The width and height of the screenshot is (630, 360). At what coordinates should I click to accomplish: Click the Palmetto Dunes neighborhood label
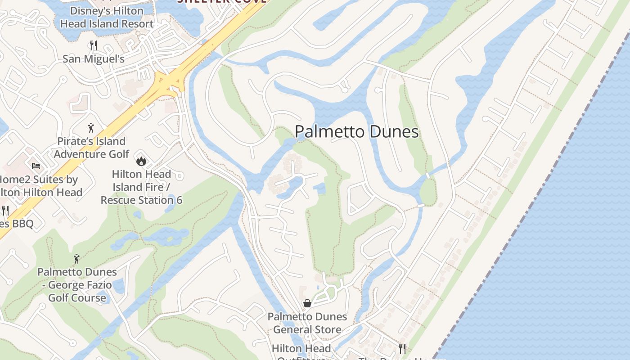[x=357, y=132]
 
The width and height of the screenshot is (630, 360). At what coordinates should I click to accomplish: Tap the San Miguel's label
[x=94, y=59]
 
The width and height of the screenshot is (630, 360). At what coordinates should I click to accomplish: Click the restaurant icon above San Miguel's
[x=94, y=45]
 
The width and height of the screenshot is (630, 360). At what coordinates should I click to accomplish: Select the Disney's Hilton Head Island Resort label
[x=107, y=17]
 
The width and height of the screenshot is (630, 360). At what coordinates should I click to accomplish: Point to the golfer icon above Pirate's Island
[x=91, y=128]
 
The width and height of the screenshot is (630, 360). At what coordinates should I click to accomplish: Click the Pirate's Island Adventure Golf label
[x=91, y=148]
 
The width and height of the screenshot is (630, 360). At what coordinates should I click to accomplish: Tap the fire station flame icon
[x=141, y=161]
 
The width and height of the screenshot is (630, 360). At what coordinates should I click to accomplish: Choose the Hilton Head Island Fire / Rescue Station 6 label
[x=141, y=187]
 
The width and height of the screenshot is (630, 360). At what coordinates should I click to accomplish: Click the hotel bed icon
[x=36, y=166]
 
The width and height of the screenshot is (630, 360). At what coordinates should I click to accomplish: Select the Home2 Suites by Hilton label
[x=40, y=186]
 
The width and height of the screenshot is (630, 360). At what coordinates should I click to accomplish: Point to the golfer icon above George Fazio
[x=76, y=259]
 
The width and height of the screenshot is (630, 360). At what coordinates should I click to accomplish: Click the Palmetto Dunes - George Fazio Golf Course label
[x=77, y=285]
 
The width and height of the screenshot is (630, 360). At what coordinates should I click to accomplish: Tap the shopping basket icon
[x=307, y=303]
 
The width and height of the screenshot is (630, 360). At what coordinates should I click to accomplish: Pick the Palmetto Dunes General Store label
[x=307, y=323]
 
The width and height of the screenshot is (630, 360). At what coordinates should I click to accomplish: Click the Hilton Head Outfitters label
[x=301, y=351]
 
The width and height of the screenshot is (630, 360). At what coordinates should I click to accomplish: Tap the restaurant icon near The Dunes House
[x=402, y=348]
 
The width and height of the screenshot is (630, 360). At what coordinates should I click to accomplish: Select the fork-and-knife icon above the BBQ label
[x=5, y=210]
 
